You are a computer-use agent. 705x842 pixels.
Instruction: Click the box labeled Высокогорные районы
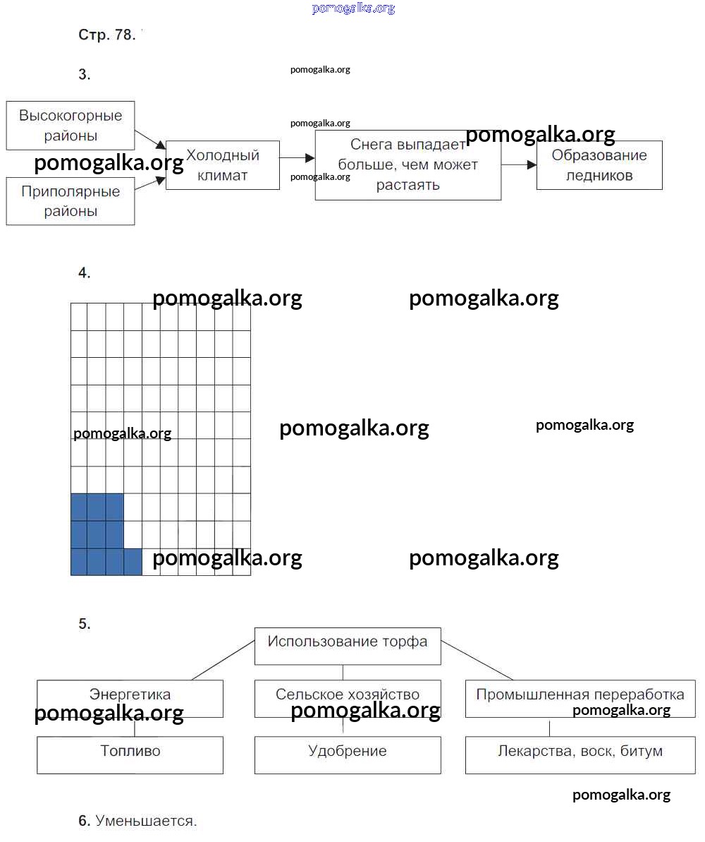[x=70, y=125]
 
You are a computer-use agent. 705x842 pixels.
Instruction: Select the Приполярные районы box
[x=70, y=201]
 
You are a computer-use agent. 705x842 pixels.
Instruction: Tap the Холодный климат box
[x=223, y=165]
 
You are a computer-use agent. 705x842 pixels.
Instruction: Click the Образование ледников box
[x=599, y=165]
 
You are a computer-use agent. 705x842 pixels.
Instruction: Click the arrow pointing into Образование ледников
[x=520, y=164]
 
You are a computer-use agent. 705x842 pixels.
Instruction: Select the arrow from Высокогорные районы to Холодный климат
[x=150, y=138]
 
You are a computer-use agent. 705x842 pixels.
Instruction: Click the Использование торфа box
[x=348, y=645]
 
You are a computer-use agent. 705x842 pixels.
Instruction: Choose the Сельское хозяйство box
[x=348, y=694]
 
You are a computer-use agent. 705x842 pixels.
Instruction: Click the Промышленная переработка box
[x=580, y=694]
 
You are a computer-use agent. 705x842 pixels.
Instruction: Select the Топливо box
[x=130, y=754]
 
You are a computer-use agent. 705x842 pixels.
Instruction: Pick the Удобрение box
[x=348, y=754]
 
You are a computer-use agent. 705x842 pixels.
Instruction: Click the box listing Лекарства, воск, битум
[x=580, y=754]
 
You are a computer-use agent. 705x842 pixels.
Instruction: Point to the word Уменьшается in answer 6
[x=146, y=821]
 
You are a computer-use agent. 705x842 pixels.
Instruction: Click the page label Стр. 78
[x=106, y=35]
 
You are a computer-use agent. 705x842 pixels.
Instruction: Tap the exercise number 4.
[x=85, y=273]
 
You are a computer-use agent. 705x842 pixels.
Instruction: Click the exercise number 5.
[x=85, y=624]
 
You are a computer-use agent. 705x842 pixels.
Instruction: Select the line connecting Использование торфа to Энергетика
[x=222, y=661]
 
